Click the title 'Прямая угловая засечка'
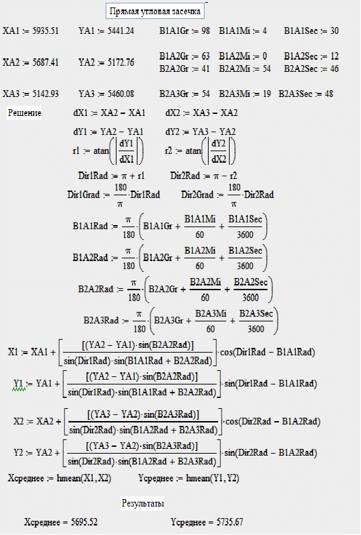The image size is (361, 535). pyautogui.click(x=155, y=12)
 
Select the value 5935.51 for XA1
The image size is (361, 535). pyautogui.click(x=45, y=31)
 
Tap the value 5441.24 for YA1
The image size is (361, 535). pyautogui.click(x=121, y=31)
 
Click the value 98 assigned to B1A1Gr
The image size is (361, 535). pyautogui.click(x=205, y=31)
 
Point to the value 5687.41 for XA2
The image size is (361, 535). pyautogui.click(x=45, y=62)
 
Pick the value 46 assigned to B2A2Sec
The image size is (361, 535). pyautogui.click(x=334, y=68)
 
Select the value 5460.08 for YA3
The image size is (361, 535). pyautogui.click(x=121, y=94)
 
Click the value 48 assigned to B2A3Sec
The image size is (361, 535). pyautogui.click(x=328, y=94)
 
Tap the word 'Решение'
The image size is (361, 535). pyautogui.click(x=24, y=113)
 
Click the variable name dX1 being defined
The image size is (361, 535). pyautogui.click(x=81, y=113)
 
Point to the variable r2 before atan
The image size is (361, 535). pyautogui.click(x=169, y=151)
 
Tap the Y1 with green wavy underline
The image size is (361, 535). pyautogui.click(x=19, y=384)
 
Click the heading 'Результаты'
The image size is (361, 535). pyautogui.click(x=142, y=503)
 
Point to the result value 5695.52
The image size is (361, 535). pyautogui.click(x=84, y=522)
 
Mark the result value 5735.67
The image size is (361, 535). pyautogui.click(x=230, y=522)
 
